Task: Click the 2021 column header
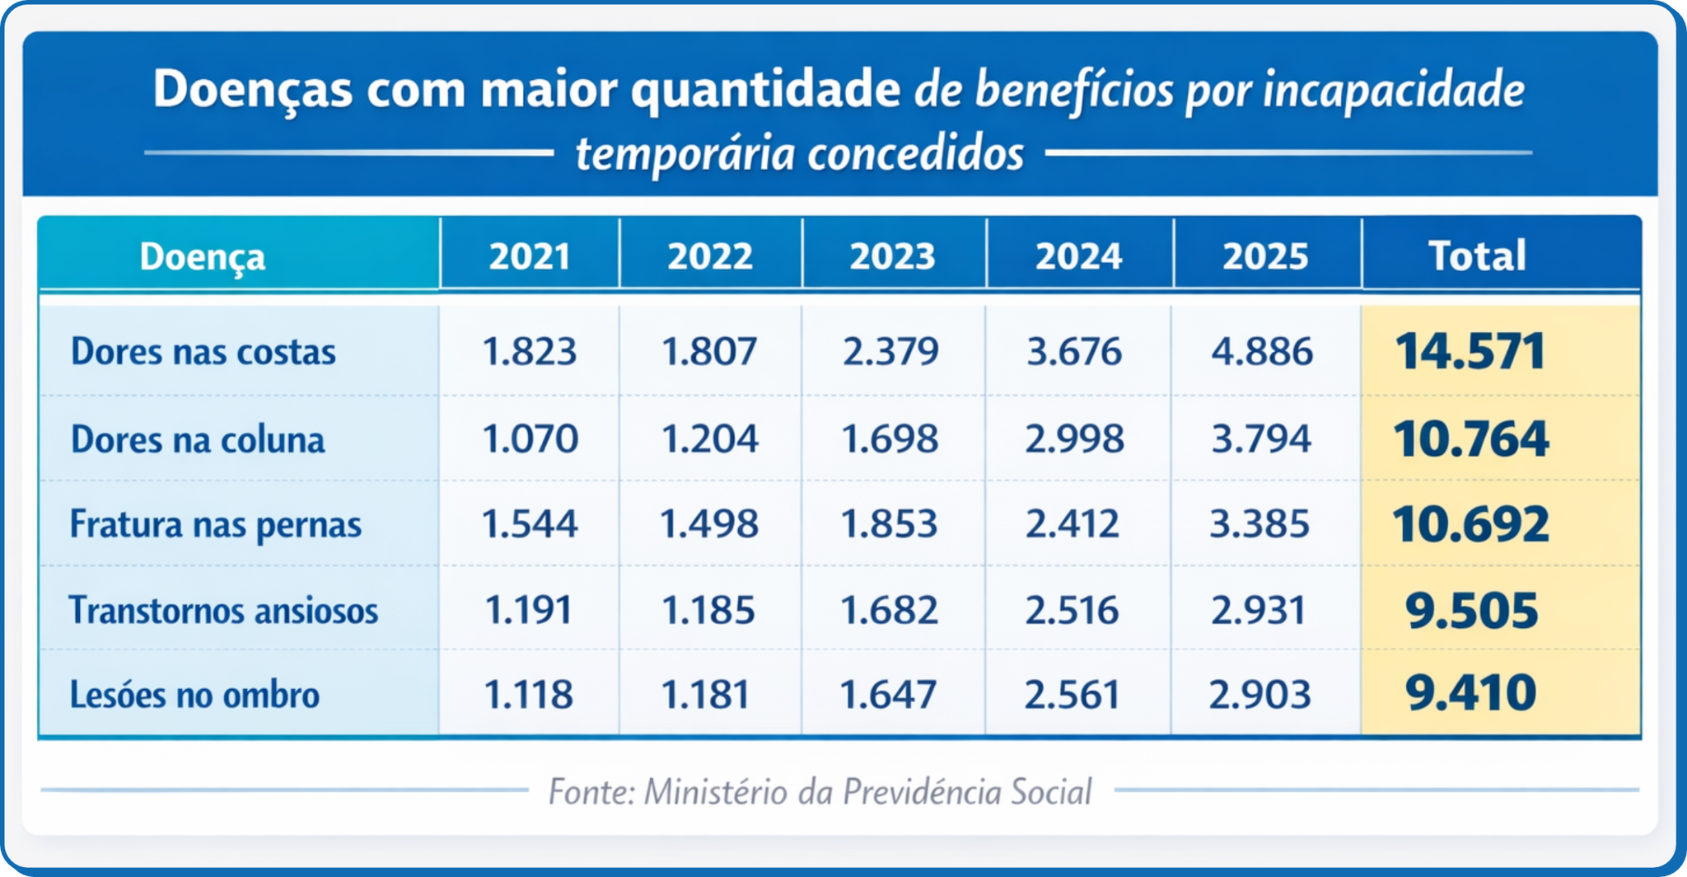pyautogui.click(x=530, y=256)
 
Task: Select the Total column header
pyautogui.click(x=1477, y=256)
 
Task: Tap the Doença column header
pyautogui.click(x=203, y=256)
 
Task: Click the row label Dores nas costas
pyautogui.click(x=203, y=352)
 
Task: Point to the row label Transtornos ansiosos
pyautogui.click(x=223, y=611)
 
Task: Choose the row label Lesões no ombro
pyautogui.click(x=194, y=695)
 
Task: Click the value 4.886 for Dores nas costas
pyautogui.click(x=1262, y=352)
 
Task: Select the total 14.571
pyautogui.click(x=1470, y=352)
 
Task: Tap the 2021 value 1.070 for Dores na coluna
pyautogui.click(x=530, y=439)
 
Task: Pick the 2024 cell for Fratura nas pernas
pyautogui.click(x=1072, y=524)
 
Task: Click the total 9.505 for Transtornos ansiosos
pyautogui.click(x=1471, y=611)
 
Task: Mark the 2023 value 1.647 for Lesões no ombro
pyautogui.click(x=888, y=695)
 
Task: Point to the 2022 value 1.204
pyautogui.click(x=710, y=439)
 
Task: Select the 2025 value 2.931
pyautogui.click(x=1259, y=611)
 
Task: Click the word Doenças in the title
pyautogui.click(x=253, y=89)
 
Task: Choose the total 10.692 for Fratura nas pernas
pyautogui.click(x=1470, y=524)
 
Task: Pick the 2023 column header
pyautogui.click(x=892, y=256)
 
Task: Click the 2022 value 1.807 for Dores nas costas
pyautogui.click(x=709, y=352)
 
